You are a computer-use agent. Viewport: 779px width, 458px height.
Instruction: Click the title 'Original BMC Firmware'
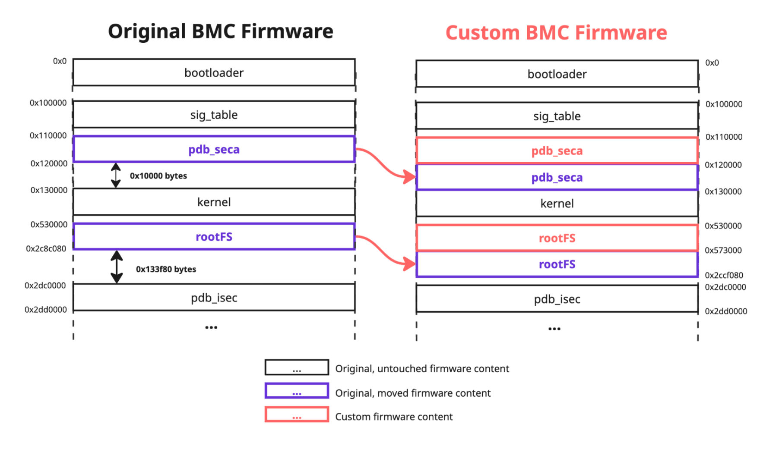pyautogui.click(x=220, y=31)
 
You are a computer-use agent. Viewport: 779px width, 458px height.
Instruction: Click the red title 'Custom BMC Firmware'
pyautogui.click(x=556, y=33)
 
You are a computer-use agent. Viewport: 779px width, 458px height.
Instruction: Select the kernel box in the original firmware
pyautogui.click(x=214, y=202)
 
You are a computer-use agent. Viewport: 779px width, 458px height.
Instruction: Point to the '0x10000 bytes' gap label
pyautogui.click(x=158, y=176)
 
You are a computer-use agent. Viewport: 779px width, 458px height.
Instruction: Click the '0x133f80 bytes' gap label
pyautogui.click(x=166, y=269)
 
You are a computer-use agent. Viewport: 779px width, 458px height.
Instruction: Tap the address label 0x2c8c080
pyautogui.click(x=46, y=249)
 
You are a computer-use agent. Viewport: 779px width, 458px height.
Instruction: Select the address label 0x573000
pyautogui.click(x=723, y=250)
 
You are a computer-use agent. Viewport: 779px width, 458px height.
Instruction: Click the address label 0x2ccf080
pyautogui.click(x=724, y=275)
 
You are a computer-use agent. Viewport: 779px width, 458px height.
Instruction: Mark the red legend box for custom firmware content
pyautogui.click(x=297, y=414)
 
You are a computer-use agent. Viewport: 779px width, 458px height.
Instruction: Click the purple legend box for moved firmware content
pyautogui.click(x=297, y=391)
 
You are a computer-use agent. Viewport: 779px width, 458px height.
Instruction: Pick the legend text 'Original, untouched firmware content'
pyautogui.click(x=422, y=369)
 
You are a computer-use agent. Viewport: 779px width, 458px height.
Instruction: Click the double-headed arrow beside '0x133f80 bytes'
pyautogui.click(x=117, y=267)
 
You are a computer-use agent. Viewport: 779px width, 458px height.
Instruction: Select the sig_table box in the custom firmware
pyautogui.click(x=557, y=116)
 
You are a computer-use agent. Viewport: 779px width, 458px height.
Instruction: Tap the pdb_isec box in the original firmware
pyautogui.click(x=214, y=298)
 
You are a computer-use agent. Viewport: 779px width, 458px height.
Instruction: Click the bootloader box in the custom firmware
pyautogui.click(x=557, y=74)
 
